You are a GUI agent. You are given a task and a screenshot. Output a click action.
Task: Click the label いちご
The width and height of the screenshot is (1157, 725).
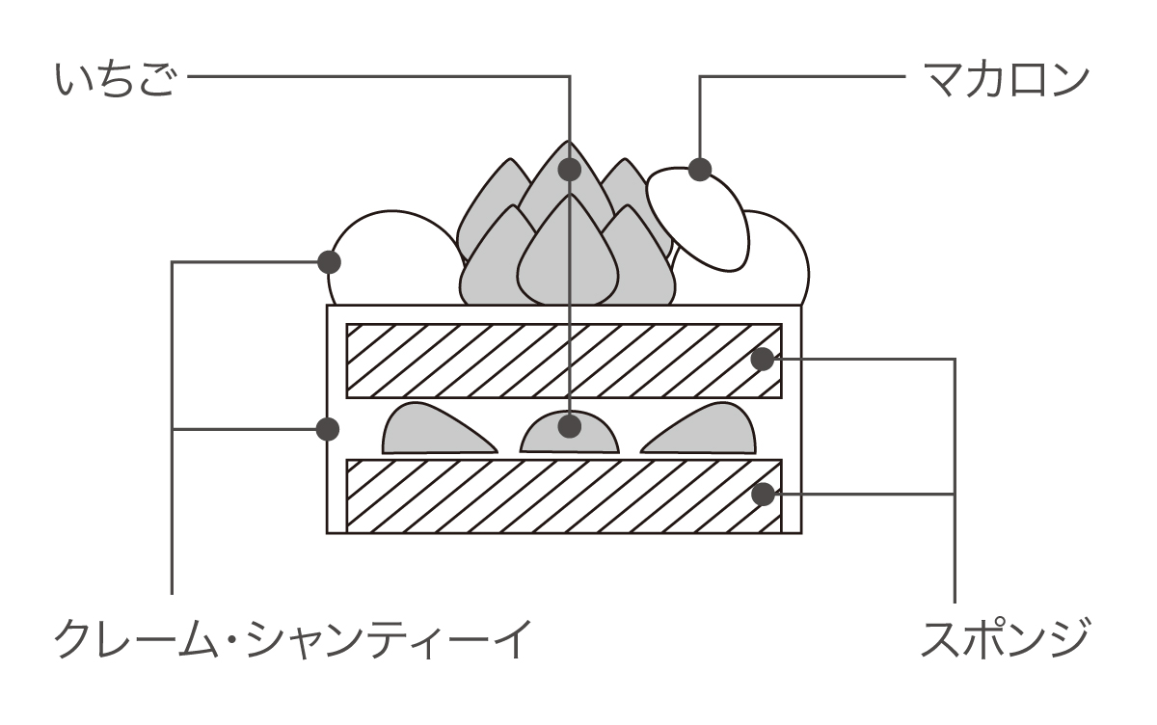point(115,79)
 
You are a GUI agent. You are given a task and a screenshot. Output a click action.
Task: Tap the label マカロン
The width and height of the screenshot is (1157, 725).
point(1004,79)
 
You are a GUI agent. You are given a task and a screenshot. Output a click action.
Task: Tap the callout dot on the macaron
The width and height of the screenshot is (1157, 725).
point(700,170)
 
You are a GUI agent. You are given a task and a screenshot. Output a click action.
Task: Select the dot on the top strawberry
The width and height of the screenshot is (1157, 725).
point(570,170)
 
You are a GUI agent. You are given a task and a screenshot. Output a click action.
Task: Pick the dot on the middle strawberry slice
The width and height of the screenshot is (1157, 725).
point(570,425)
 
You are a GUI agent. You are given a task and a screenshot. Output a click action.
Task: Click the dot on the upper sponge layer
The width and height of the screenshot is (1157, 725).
point(762,360)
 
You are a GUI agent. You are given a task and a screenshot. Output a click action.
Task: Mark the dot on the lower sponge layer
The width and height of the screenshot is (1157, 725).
point(762,495)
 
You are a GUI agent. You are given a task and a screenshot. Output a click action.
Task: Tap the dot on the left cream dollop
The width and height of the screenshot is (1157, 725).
point(330,261)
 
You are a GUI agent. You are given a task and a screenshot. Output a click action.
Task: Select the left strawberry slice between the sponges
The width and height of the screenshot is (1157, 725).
point(434,430)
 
